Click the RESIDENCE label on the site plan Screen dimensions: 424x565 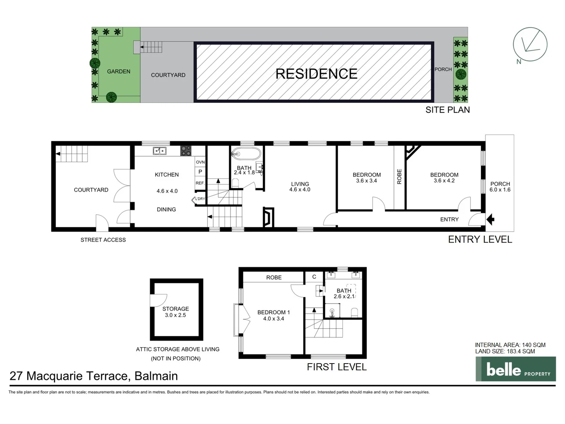316,74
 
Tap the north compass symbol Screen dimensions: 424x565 530,44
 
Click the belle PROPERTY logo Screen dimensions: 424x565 516,369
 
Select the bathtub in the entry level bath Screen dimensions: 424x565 246,154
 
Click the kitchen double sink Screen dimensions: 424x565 159,151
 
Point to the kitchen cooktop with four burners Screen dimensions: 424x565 186,151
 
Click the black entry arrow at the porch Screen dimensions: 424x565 490,219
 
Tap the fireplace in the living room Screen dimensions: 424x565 268,217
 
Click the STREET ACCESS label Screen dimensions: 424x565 103,240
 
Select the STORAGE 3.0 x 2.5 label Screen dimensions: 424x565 175,312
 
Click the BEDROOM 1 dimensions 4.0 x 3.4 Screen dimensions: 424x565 273,319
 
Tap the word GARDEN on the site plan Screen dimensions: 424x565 118,71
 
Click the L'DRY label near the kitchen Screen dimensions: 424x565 200,199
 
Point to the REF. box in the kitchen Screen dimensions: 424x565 200,183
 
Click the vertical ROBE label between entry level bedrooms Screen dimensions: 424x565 399,176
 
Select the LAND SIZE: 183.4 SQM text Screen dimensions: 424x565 505,351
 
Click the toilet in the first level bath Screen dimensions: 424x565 354,312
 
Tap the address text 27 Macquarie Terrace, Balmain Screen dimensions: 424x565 94,376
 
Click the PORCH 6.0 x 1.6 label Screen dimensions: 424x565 500,187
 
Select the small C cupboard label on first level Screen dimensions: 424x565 314,277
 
